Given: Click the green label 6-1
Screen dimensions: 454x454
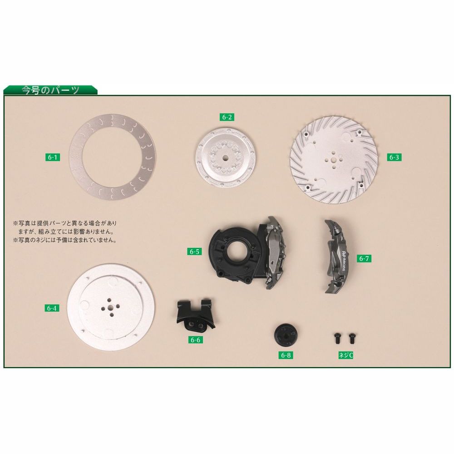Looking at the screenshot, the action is point(52,157).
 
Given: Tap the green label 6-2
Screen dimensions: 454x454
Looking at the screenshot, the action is point(227,117).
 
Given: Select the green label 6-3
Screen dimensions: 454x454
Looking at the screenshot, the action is point(394,157).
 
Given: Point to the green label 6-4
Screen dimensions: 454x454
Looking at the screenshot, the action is point(52,308).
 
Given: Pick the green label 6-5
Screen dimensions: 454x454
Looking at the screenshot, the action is point(194,252).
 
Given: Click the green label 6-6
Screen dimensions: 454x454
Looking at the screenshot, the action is point(195,340).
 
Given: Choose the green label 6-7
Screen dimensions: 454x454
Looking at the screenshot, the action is point(364,258).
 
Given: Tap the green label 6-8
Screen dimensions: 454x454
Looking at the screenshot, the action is point(286,355).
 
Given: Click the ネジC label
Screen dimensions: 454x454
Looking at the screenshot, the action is point(345,355).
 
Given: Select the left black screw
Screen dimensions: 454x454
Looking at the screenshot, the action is point(337,338).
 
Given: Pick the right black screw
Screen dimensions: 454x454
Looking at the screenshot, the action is point(352,338).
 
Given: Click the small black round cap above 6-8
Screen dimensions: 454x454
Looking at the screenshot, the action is point(286,335).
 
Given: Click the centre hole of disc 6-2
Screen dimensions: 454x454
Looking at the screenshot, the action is point(226,158).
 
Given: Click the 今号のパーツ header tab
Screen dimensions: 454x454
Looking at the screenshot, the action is point(51,90).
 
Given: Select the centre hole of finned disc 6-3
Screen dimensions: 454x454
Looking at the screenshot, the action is point(334,159).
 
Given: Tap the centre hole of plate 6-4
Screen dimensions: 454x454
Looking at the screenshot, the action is point(111,307).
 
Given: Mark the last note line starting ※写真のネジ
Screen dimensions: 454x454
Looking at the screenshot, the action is point(65,240).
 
